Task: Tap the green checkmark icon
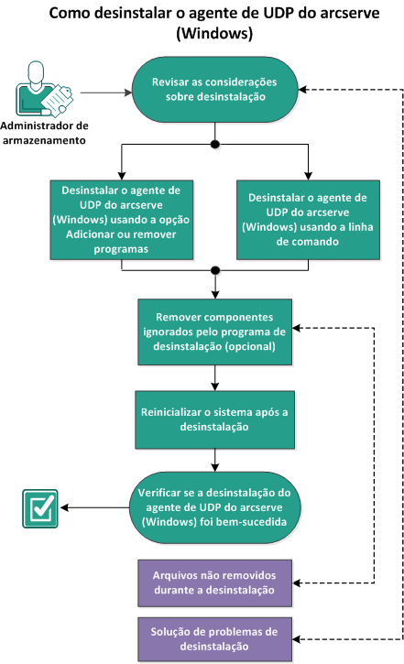pyautogui.click(x=39, y=508)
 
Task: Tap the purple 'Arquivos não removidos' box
pyautogui.click(x=214, y=582)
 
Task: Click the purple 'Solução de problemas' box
pyautogui.click(x=214, y=638)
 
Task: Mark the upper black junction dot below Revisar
pyautogui.click(x=214, y=145)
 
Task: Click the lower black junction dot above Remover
pyautogui.click(x=214, y=270)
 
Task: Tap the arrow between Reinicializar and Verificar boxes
pyautogui.click(x=214, y=458)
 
